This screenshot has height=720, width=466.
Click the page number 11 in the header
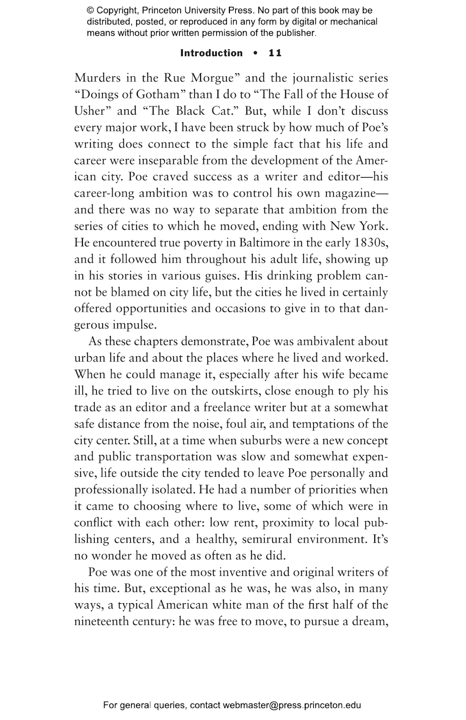click(x=275, y=53)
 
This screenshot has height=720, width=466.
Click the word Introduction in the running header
click(x=211, y=53)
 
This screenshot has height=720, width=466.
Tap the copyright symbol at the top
click(x=90, y=11)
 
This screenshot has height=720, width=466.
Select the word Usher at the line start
click(x=90, y=111)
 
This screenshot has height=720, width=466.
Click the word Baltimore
click(x=264, y=243)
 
